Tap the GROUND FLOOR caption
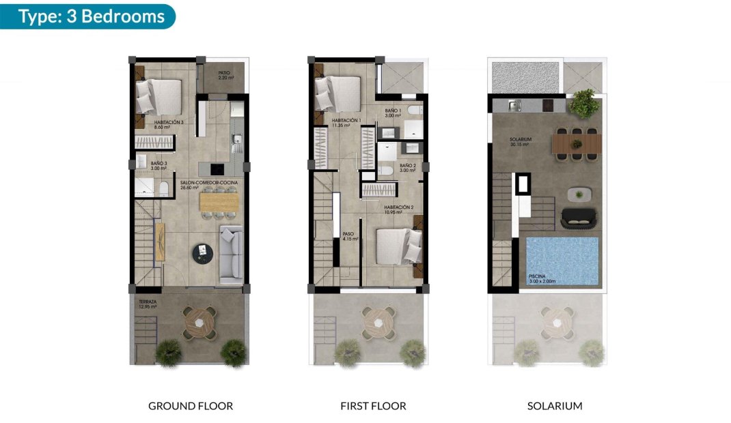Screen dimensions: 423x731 click(191, 406)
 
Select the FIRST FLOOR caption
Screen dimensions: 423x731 click(373, 406)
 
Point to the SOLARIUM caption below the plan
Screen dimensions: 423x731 click(555, 406)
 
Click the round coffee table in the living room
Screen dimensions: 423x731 click(203, 252)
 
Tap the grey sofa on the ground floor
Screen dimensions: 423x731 click(231, 254)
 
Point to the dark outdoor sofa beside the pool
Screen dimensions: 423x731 click(579, 218)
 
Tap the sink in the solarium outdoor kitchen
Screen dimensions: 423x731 click(516, 104)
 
